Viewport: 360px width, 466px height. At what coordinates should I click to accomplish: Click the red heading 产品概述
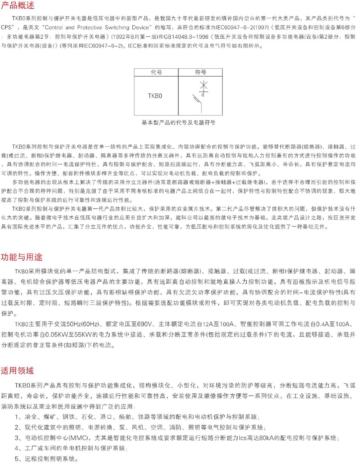(x=18, y=6)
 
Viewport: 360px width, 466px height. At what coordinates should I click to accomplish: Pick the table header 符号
(x=200, y=72)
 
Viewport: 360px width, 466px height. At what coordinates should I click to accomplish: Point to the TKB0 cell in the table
(x=155, y=96)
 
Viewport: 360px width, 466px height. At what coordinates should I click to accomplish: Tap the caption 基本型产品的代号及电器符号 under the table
(x=178, y=123)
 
